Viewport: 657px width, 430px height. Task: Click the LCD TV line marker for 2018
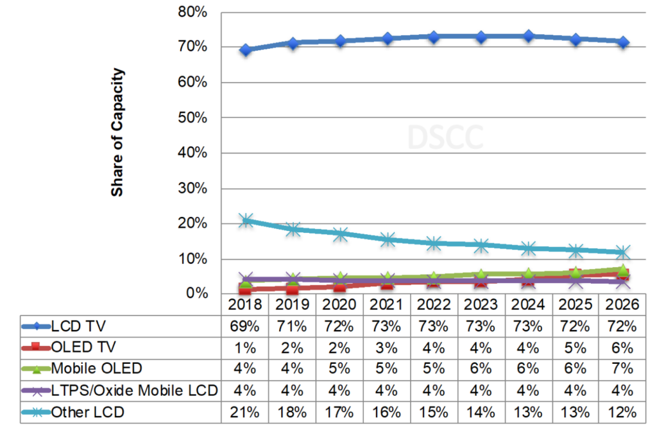pyautogui.click(x=245, y=49)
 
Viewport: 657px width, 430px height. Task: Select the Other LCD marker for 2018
pyautogui.click(x=245, y=220)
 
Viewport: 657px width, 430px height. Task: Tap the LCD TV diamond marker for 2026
pyautogui.click(x=623, y=42)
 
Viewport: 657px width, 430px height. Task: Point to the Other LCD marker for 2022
pyautogui.click(x=434, y=243)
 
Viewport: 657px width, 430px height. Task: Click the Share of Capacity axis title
pyautogui.click(x=117, y=132)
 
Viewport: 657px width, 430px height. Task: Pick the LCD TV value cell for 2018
pyautogui.click(x=244, y=326)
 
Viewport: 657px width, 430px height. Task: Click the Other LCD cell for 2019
pyautogui.click(x=292, y=412)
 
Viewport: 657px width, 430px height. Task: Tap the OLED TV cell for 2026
pyautogui.click(x=622, y=348)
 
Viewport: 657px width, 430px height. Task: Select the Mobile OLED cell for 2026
pyautogui.click(x=622, y=369)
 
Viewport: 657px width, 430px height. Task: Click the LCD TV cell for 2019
pyautogui.click(x=292, y=326)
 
